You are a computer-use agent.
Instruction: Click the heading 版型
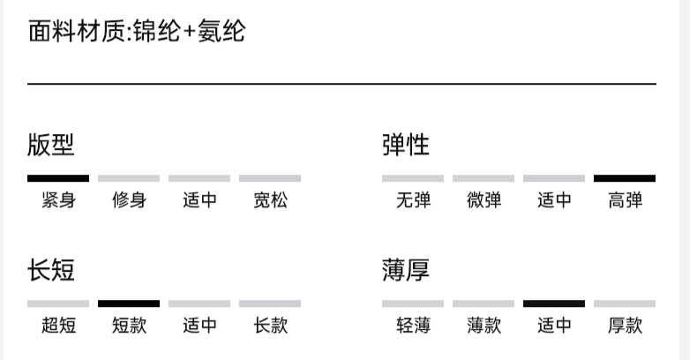click(51, 144)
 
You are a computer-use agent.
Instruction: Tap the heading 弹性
click(406, 144)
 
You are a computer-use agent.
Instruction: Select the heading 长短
click(51, 269)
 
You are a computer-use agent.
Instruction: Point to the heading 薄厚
click(406, 269)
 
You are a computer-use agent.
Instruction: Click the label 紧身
click(58, 200)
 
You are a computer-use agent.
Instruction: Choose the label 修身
click(129, 200)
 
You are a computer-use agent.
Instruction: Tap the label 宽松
click(270, 200)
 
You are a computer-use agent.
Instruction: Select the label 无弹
click(413, 200)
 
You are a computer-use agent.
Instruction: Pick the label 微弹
click(483, 200)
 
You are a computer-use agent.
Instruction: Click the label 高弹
click(625, 200)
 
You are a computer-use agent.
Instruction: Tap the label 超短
click(58, 326)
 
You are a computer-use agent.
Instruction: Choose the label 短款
click(129, 326)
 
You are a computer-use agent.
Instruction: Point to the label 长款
click(270, 326)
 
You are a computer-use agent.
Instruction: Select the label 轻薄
click(413, 326)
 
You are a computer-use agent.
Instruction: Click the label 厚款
click(625, 326)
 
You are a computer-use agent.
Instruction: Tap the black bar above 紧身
click(58, 178)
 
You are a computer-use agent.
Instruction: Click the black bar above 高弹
click(625, 178)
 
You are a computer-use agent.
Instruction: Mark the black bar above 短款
click(129, 304)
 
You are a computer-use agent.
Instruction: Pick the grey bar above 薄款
click(483, 304)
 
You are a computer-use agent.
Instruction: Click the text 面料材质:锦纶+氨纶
click(137, 33)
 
